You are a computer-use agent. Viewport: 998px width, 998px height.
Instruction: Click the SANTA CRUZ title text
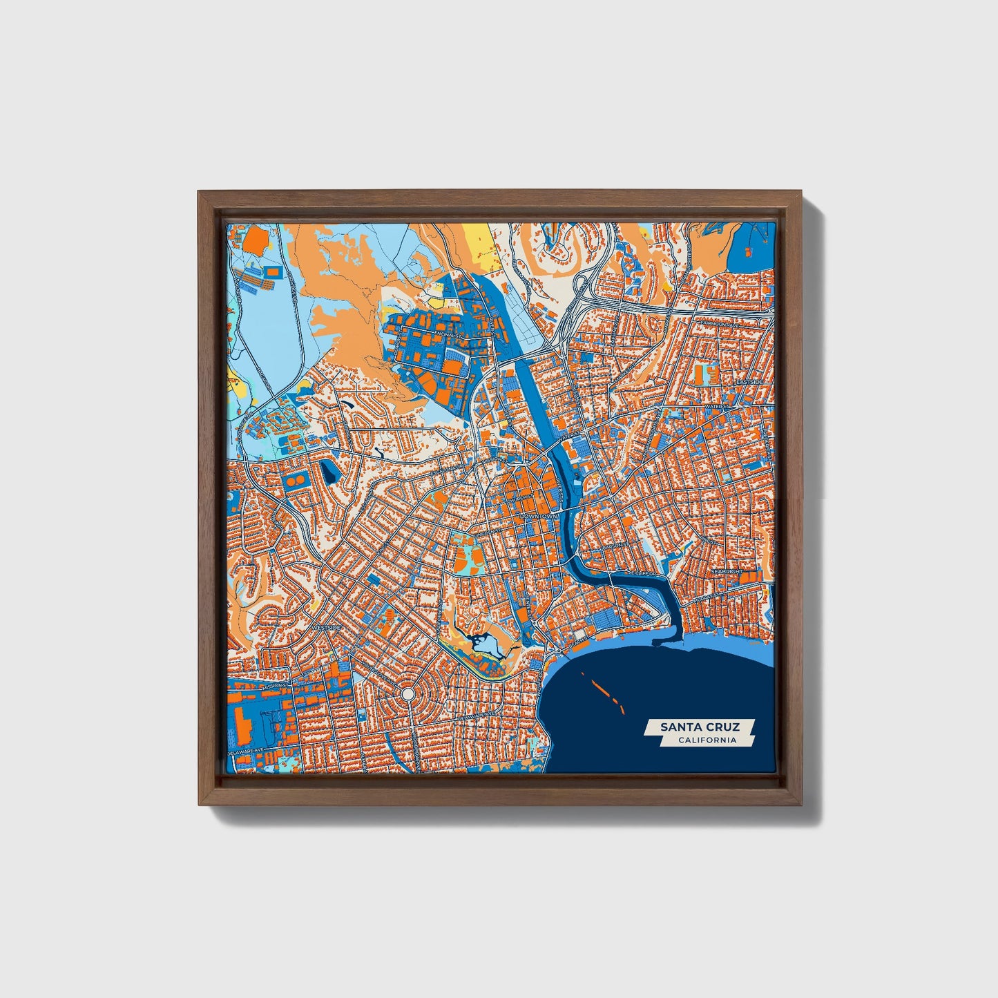click(x=699, y=727)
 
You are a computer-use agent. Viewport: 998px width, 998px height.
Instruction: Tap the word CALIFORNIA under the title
click(x=707, y=740)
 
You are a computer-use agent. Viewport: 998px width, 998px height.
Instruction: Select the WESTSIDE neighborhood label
click(x=326, y=627)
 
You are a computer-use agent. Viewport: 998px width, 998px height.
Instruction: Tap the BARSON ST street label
click(x=613, y=546)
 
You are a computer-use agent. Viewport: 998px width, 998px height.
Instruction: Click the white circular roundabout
click(x=407, y=693)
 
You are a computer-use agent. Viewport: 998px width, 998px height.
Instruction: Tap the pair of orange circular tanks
click(x=294, y=478)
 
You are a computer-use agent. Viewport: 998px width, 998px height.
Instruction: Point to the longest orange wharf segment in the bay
click(x=599, y=687)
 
